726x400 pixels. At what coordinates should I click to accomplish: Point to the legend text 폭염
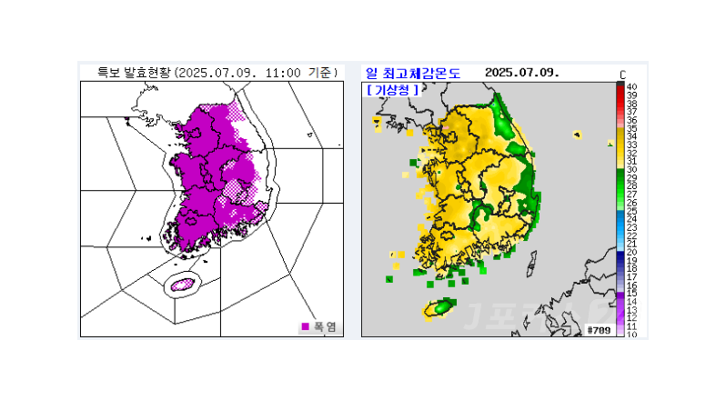[x=326, y=326]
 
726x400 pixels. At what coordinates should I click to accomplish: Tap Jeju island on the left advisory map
[x=183, y=284]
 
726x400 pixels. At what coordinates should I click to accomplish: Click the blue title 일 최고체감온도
[x=412, y=73]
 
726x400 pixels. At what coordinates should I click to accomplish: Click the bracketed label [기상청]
[x=393, y=90]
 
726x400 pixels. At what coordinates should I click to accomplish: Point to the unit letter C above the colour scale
[x=622, y=74]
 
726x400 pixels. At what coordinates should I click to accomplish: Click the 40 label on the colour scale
[x=631, y=86]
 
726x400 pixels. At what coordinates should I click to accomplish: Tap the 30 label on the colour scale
[x=631, y=169]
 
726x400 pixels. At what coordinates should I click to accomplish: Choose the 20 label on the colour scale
[x=631, y=252]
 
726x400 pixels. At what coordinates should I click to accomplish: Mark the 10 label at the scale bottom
[x=631, y=335]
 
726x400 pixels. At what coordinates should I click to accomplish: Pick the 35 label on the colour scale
[x=631, y=128]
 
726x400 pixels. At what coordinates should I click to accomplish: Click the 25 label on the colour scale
[x=631, y=211]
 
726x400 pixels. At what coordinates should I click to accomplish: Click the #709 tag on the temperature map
[x=598, y=329]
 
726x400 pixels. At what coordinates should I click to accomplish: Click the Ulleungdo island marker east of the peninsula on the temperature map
[x=577, y=135]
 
